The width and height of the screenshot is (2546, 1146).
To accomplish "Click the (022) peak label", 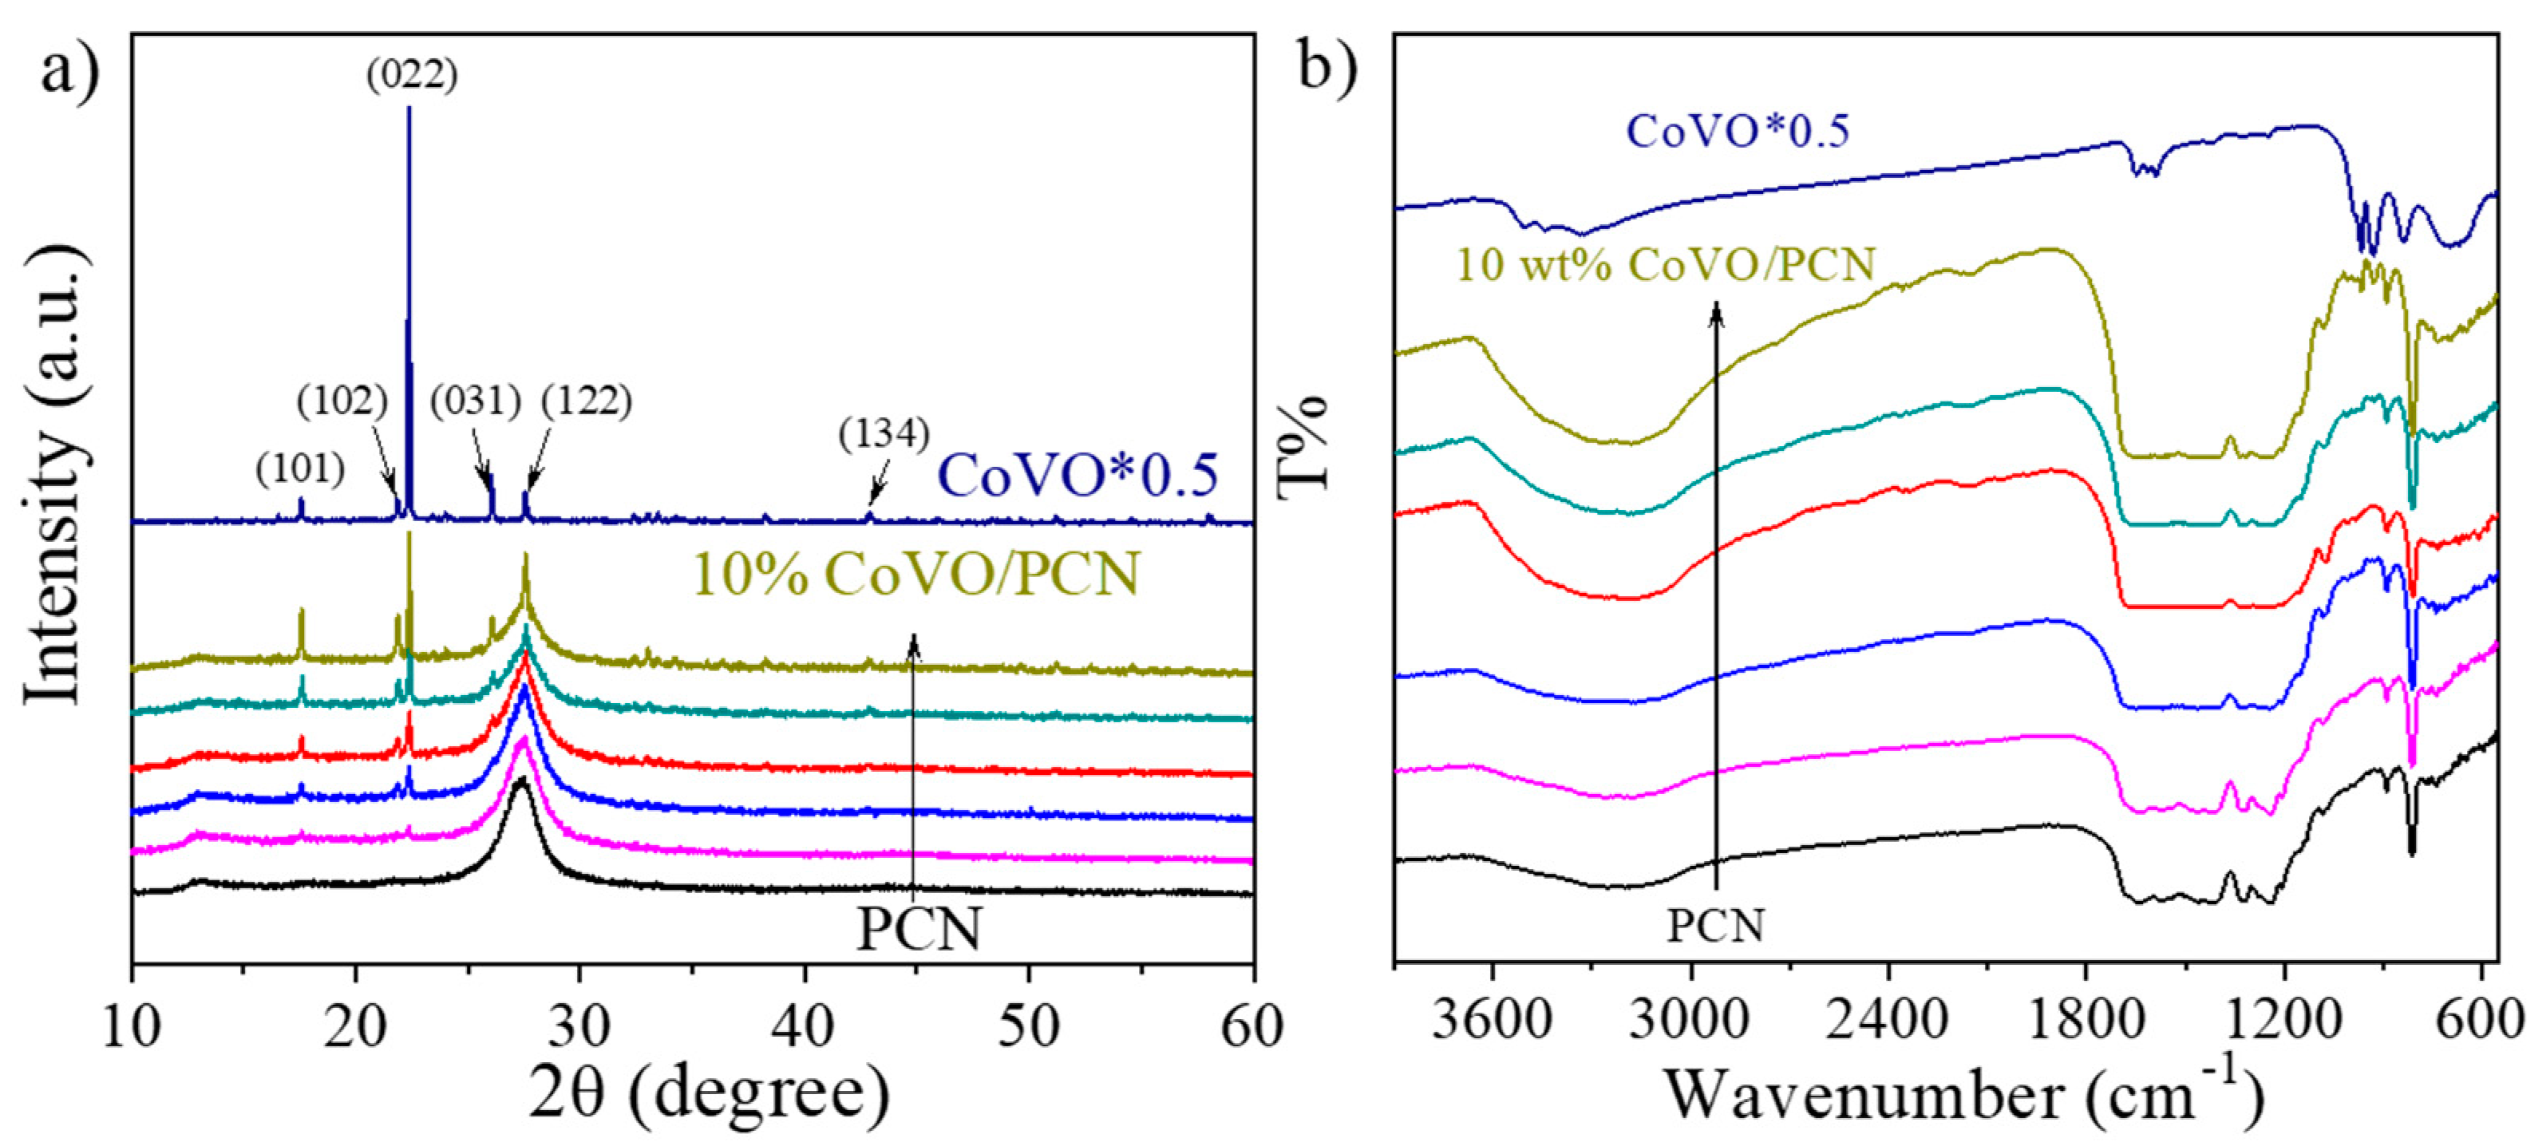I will tap(412, 75).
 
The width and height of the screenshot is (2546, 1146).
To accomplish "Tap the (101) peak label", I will tap(300, 468).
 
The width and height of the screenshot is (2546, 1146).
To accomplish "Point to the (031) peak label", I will tap(476, 401).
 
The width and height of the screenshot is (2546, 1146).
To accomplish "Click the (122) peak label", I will tap(586, 401).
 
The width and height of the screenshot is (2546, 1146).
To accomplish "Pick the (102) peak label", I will tap(342, 401).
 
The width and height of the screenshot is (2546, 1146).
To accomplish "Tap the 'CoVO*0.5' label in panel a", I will tap(1077, 476).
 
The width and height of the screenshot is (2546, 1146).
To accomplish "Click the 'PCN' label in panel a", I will tap(919, 929).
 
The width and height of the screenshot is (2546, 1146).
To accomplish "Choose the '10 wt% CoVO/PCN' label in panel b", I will tap(1666, 265).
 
